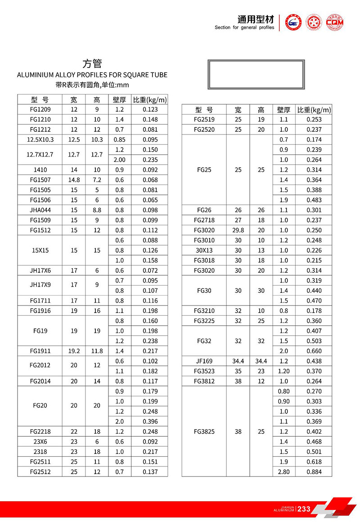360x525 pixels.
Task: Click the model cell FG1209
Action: (40, 109)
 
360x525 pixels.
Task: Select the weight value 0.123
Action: (150, 109)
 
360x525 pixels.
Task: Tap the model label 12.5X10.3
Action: (40, 139)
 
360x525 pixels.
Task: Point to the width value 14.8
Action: (74, 180)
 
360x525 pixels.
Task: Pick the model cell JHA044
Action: (40, 210)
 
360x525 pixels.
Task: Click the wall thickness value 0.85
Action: (120, 139)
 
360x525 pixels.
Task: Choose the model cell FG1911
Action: (40, 351)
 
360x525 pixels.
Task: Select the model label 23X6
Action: (40, 442)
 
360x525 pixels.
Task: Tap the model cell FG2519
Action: (204, 120)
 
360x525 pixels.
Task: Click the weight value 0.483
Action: (314, 200)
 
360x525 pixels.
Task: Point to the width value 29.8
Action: (238, 230)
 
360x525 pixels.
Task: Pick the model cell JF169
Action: (204, 361)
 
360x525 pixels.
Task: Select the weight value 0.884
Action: (314, 472)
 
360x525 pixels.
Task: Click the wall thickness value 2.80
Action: (284, 472)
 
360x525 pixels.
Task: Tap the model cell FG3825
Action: (204, 431)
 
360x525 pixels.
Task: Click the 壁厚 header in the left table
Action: (120, 99)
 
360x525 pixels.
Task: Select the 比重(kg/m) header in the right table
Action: (314, 110)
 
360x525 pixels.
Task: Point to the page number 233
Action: (304, 509)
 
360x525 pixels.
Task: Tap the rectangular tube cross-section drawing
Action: (256, 75)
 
